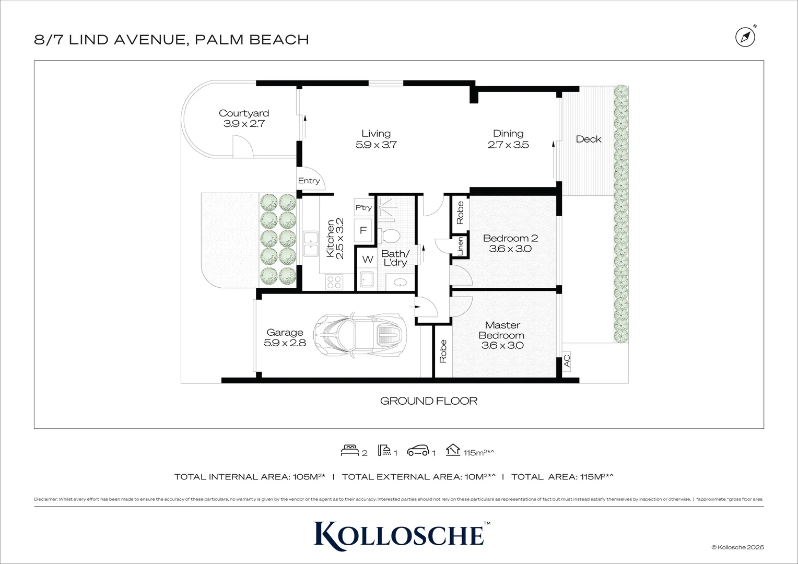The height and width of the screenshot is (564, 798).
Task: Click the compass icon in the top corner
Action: pos(745,37)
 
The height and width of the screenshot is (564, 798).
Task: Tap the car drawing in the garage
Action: pos(361,333)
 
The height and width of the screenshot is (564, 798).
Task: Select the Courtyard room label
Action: pos(244,113)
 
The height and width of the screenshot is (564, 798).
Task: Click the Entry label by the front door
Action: pos(309,181)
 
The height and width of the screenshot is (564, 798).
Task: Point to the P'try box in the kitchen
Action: pos(363,207)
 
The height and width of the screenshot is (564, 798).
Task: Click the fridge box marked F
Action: pos(363,230)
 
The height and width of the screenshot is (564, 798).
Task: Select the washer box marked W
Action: pos(367,259)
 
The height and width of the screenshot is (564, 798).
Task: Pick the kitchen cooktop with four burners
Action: pos(334,282)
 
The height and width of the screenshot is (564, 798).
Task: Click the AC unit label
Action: pos(567,361)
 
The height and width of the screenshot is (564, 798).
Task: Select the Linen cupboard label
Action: pos(460,246)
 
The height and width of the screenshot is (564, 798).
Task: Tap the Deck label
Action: pos(588,139)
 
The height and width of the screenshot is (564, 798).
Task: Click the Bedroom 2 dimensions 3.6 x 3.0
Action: pos(510,249)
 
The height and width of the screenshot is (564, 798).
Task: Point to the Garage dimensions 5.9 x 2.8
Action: pos(285,343)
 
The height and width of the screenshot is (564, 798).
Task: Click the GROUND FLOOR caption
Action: pos(428,401)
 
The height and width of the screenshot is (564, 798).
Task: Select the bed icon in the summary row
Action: pos(349,450)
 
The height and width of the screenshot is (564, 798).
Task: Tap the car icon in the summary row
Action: pos(418,450)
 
